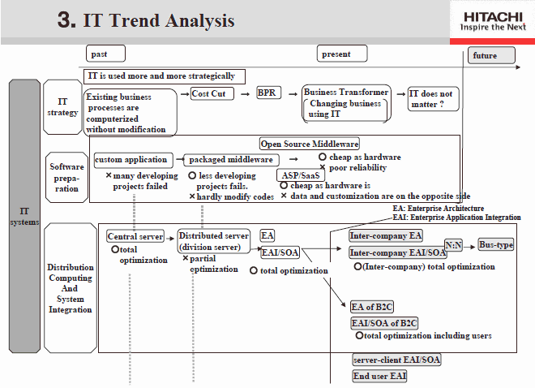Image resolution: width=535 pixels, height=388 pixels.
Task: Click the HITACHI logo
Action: tap(493, 21)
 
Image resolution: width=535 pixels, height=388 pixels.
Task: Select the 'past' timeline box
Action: tap(105, 54)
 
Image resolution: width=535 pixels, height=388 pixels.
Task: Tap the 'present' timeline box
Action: tap(342, 54)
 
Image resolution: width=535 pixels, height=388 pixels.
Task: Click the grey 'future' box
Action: tap(491, 55)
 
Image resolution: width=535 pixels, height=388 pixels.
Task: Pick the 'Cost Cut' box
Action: tap(212, 93)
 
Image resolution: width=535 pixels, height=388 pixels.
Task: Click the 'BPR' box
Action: tap(269, 93)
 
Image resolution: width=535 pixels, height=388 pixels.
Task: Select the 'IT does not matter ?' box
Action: tap(434, 99)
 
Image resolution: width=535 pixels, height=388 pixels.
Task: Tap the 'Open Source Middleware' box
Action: tap(310, 144)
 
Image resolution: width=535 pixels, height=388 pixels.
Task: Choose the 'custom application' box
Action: tap(134, 160)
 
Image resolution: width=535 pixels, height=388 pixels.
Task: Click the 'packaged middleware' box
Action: tap(231, 160)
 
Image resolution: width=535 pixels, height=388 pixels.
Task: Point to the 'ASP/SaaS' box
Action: tap(301, 175)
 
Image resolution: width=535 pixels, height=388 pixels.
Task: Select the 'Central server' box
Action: tap(135, 236)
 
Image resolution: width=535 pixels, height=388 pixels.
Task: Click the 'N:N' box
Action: tap(453, 245)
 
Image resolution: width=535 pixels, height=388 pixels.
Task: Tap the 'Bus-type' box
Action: tap(496, 244)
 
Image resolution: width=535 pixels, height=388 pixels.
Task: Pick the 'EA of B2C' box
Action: tap(372, 307)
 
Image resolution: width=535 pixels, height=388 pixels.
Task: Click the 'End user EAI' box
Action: tap(379, 376)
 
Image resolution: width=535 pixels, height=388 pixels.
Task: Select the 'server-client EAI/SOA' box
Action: tap(396, 360)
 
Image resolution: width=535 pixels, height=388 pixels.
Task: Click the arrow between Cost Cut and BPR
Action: tap(246, 94)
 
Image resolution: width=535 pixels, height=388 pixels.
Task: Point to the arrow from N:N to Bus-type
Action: tap(470, 247)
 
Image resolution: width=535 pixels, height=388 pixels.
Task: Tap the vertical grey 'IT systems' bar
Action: tap(24, 216)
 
